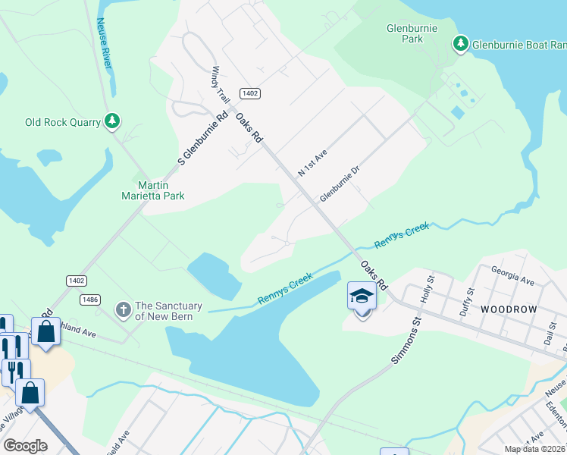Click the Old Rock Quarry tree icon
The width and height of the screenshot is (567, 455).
(x=112, y=121)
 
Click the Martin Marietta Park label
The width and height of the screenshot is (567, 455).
(x=154, y=190)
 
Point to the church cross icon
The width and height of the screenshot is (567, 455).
(x=123, y=309)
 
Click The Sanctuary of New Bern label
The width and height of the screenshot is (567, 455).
(x=168, y=311)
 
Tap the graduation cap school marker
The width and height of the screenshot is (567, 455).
(x=362, y=297)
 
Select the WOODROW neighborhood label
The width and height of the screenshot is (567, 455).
(x=508, y=309)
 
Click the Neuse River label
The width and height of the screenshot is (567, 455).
(x=104, y=44)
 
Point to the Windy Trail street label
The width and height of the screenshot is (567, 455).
(x=220, y=85)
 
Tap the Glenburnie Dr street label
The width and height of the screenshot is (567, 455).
(x=338, y=184)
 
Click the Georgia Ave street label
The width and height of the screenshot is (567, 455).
(x=512, y=275)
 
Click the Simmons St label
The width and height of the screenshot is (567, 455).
(x=406, y=341)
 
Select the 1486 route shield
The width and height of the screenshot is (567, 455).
(x=90, y=300)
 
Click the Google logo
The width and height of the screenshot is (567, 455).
(x=25, y=446)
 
